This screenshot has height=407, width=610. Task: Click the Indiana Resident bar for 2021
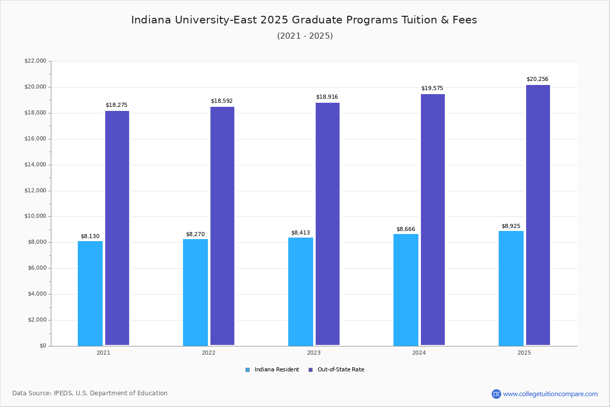coord(90,294)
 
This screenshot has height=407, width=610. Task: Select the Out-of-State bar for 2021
coord(117,228)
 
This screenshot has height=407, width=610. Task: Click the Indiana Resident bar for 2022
coord(195,293)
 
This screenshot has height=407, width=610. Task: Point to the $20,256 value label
coord(537,79)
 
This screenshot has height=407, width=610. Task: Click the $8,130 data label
coord(90,237)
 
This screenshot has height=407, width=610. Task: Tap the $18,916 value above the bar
coord(327,97)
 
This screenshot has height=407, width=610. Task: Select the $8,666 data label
coord(406,229)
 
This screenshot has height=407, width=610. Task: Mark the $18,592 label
coord(222,101)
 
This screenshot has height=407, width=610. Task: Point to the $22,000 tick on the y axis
coord(35,61)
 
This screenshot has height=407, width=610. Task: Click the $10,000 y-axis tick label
coord(35,216)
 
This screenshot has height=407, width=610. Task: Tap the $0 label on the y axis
coord(42,346)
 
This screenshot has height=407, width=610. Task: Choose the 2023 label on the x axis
coord(314,353)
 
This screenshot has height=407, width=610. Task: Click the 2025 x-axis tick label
coord(524,353)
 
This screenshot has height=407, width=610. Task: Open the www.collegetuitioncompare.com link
coord(550,394)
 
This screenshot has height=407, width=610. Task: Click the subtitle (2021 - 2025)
coord(304,36)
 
